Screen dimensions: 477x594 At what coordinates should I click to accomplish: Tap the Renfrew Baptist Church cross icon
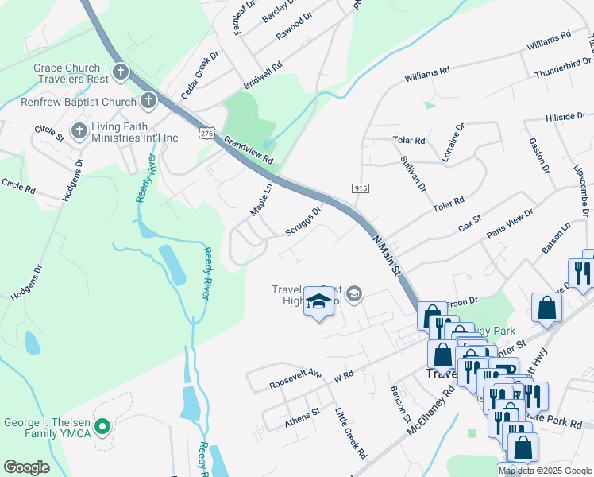click(x=148, y=101)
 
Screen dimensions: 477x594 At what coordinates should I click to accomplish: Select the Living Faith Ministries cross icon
click(x=79, y=130)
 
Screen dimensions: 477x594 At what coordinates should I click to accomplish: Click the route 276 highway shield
click(x=207, y=130)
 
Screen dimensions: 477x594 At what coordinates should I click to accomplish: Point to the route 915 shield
click(x=361, y=188)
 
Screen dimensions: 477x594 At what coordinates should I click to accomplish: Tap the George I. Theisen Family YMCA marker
click(x=102, y=427)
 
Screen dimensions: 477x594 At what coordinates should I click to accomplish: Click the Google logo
click(x=27, y=467)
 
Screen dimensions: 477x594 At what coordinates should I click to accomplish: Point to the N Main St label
click(x=385, y=255)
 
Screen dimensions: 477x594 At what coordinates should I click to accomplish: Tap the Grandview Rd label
click(x=249, y=149)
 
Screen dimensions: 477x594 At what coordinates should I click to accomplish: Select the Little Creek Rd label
click(x=350, y=433)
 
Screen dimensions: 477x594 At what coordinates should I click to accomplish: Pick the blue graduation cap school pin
click(x=318, y=302)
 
